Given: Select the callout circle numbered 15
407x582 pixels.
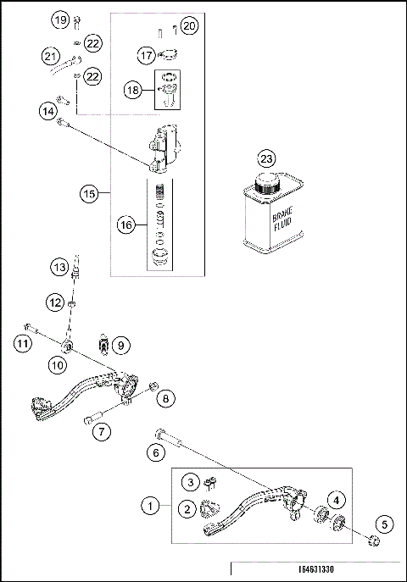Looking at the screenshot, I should point(90,193).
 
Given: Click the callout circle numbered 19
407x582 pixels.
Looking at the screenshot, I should point(59,19).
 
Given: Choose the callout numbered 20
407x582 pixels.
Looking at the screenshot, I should point(189,26).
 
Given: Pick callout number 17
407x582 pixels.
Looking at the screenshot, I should point(146,55).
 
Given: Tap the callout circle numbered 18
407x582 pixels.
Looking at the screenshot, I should point(132,89).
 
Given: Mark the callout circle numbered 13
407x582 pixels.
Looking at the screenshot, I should point(58,268).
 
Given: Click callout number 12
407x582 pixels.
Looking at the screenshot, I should point(55,301).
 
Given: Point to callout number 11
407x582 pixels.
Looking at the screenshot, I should point(22,343).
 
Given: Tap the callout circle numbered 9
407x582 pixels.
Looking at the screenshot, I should point(120,345).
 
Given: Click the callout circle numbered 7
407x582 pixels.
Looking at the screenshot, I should point(102,431).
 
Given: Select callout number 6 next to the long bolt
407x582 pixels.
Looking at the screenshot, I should point(156,454).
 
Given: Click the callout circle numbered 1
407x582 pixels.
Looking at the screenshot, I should point(151,506).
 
